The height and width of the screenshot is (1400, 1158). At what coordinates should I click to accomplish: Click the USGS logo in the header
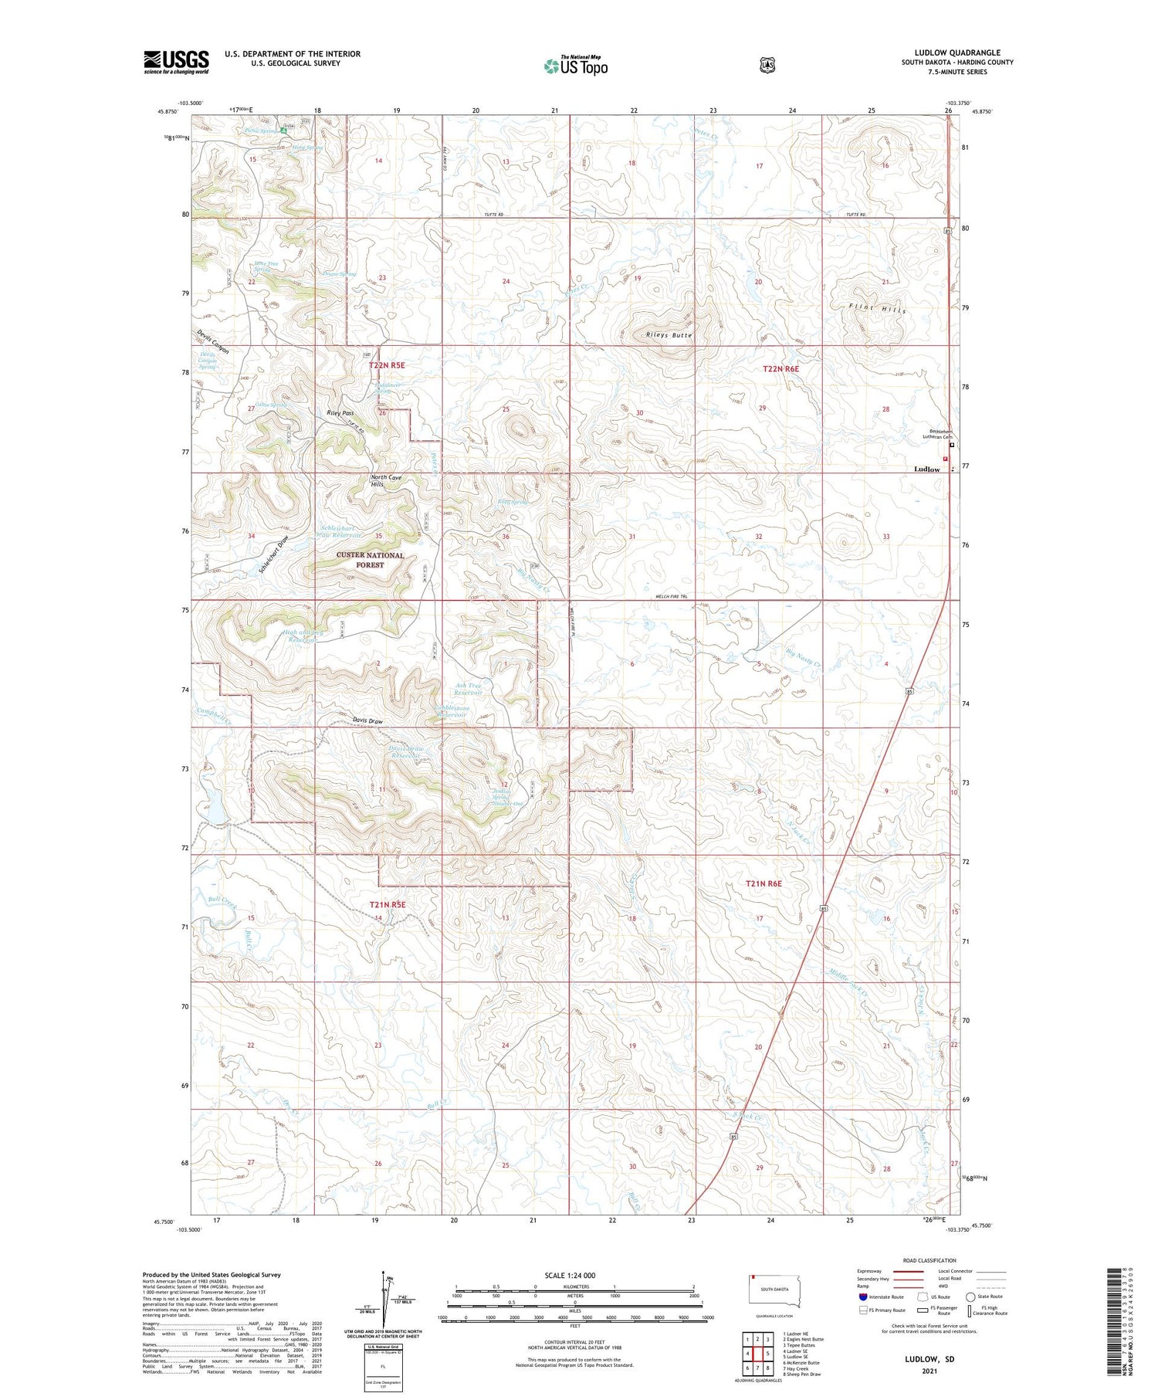click(x=176, y=62)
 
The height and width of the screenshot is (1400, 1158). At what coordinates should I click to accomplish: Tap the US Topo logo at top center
click(x=576, y=66)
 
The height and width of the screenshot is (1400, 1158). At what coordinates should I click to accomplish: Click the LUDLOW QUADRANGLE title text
click(x=957, y=53)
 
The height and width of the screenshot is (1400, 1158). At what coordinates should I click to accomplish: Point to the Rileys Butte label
click(x=669, y=335)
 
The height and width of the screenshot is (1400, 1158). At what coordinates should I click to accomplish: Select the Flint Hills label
click(x=878, y=309)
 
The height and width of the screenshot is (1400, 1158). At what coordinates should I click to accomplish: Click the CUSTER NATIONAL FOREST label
click(x=370, y=560)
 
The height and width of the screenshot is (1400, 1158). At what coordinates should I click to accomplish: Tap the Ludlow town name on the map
click(x=927, y=469)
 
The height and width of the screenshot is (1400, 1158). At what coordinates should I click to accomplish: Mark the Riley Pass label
click(x=340, y=413)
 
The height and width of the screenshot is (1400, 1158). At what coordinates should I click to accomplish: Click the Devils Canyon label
click(x=212, y=342)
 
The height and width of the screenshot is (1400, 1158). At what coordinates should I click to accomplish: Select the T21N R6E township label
click(x=764, y=883)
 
